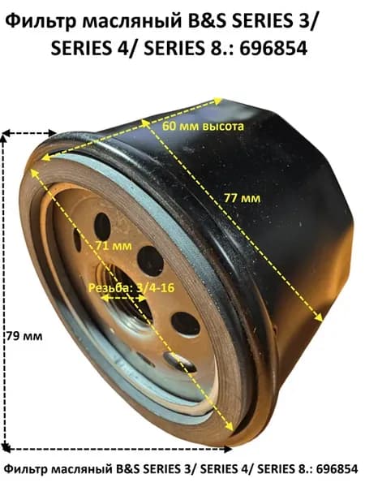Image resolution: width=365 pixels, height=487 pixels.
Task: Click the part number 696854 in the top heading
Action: click(274, 48)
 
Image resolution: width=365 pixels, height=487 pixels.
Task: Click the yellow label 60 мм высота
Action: click(203, 126)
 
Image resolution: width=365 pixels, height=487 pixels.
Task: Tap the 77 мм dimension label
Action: click(243, 198)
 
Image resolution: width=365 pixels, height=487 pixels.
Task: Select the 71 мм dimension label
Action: click(114, 246)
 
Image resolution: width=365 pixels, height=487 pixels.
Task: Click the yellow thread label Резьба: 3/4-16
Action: click(131, 287)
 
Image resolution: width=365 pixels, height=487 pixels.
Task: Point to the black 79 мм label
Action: click(24, 336)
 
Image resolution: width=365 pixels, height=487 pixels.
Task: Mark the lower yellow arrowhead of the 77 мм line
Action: click(319, 317)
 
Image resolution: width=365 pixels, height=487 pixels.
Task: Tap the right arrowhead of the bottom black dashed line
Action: click(228, 449)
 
